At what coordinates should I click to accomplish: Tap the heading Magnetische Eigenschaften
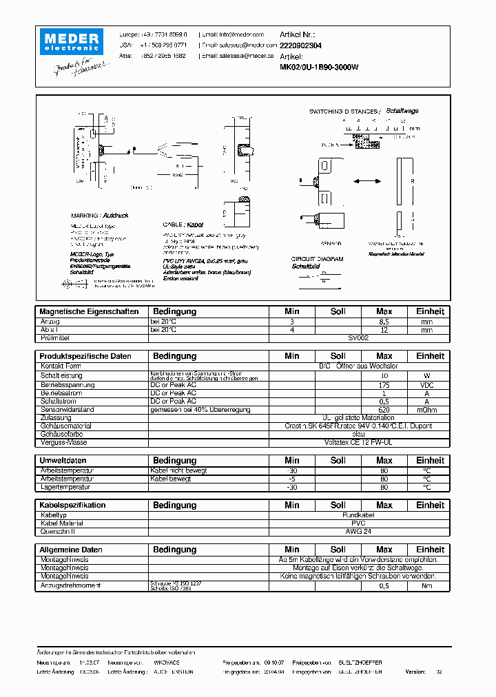coord(89,311)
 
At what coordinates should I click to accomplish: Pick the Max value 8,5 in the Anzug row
coord(384,322)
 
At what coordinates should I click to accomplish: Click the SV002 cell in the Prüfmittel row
coord(359,338)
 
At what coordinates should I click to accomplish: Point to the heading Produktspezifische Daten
coord(85,356)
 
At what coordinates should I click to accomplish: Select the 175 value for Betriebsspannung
coord(384,384)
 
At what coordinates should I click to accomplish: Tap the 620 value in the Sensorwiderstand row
coord(384,410)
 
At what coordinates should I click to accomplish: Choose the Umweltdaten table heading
coord(63,460)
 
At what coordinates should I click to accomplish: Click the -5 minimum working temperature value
coord(291,479)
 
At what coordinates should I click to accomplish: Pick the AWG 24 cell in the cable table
coord(359,531)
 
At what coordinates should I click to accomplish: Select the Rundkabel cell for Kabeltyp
coord(359,514)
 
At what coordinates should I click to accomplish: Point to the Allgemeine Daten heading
coord(71,550)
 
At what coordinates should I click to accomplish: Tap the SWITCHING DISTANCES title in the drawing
coord(343,111)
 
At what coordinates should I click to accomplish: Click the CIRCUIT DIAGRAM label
coord(316,259)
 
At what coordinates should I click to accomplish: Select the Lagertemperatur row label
coord(65,487)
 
